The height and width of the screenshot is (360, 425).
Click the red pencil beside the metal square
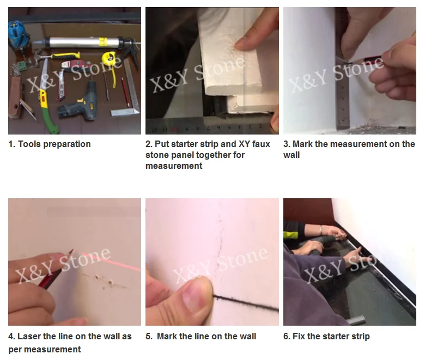pos(125,91)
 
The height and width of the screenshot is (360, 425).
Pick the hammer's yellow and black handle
pos(65,56)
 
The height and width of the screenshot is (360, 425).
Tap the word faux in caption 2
pos(261,144)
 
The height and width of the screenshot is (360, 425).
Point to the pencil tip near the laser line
pos(72,251)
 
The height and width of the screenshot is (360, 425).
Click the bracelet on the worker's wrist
pos(321,230)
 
